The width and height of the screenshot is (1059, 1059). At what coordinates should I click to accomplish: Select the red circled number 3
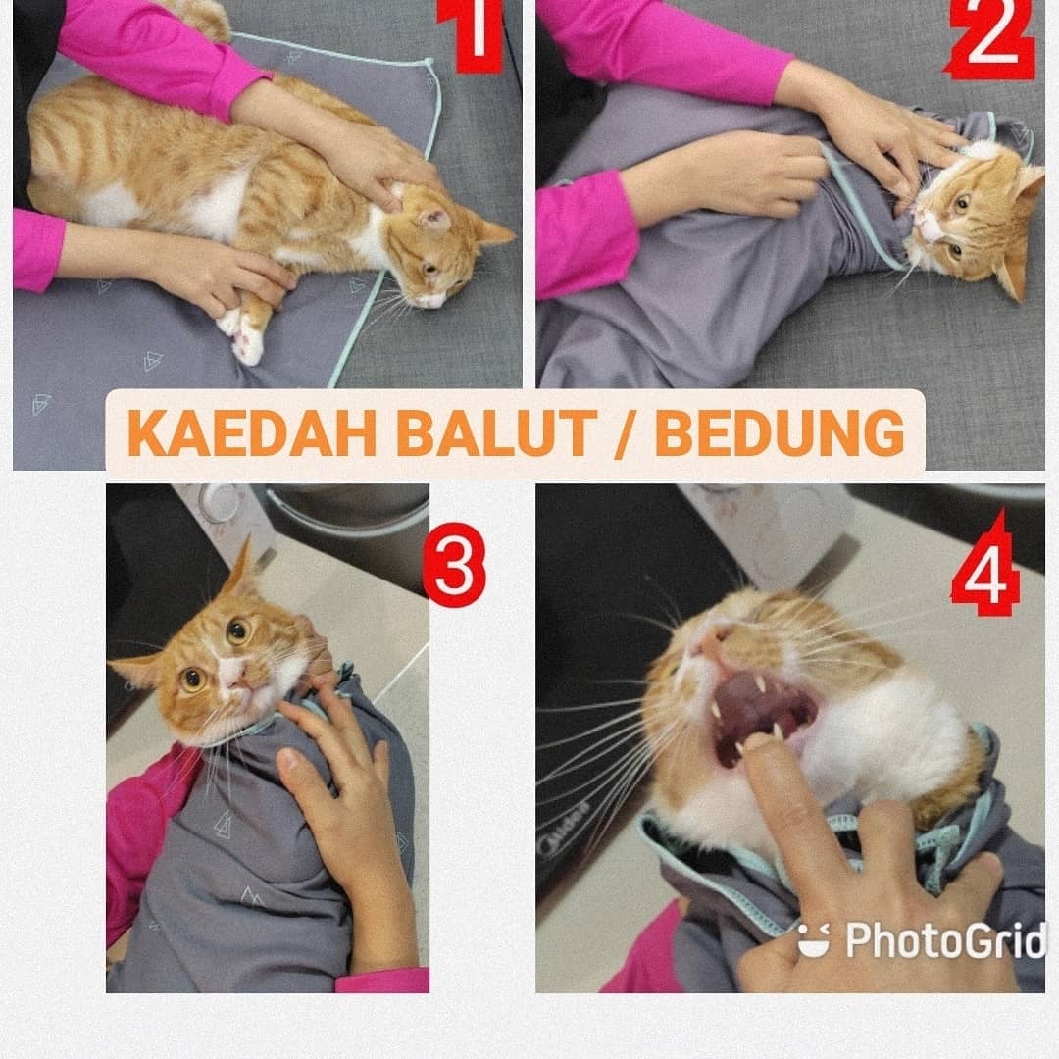[454, 566]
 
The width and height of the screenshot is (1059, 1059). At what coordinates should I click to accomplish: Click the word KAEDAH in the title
[251, 433]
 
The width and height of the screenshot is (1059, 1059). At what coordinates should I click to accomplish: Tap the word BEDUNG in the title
[780, 433]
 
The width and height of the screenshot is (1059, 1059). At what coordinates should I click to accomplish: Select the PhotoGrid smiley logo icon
[814, 939]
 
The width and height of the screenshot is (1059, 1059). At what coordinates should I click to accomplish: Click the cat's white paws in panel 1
[242, 334]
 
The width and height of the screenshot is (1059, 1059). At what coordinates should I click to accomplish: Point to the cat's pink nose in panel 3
[231, 670]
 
